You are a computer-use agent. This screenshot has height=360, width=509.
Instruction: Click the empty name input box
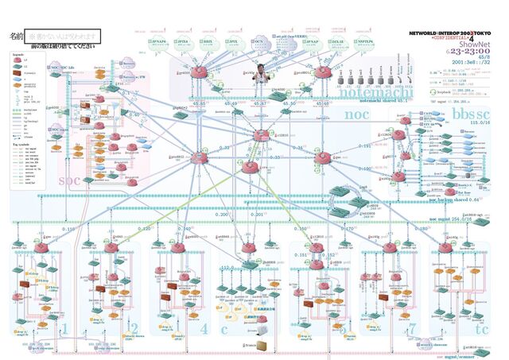coord(63,37)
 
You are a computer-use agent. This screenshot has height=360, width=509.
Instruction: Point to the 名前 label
coord(16,37)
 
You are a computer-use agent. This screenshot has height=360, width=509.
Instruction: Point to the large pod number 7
coord(411,327)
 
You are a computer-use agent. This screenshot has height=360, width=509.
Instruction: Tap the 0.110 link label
coord(68,229)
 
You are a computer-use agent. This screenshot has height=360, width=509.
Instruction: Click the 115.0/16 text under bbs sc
coord(480,122)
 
